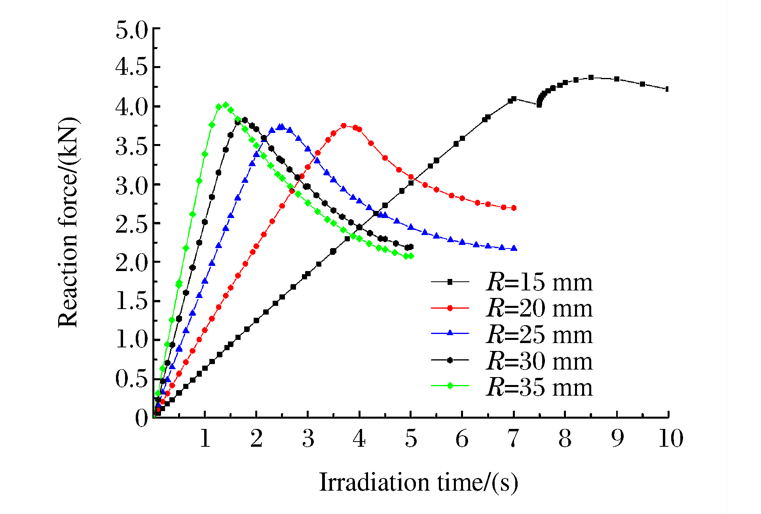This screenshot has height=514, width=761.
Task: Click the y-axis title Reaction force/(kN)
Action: pos(68,222)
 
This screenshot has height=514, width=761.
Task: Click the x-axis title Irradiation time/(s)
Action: pos(418,482)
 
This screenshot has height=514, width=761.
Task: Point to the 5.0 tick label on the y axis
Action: pos(131,30)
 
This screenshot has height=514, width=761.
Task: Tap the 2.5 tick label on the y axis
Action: pos(131,224)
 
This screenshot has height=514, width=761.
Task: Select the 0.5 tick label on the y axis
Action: pos(131,379)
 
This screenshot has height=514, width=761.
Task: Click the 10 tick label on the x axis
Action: pos(670,438)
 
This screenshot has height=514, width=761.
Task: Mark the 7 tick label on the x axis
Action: pos(513,438)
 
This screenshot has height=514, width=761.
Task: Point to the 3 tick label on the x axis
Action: pos(308,438)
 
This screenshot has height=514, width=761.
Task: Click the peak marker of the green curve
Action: pos(226,105)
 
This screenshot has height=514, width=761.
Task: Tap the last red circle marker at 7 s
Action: pos(514,208)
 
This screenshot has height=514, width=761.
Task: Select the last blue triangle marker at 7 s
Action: pos(514,248)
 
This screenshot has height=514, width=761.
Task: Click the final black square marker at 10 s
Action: pos(668,89)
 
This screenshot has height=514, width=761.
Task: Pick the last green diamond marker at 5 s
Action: pos(411,256)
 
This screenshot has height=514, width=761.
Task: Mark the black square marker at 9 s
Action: pos(617,79)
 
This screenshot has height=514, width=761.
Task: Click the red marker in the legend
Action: pos(450,308)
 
